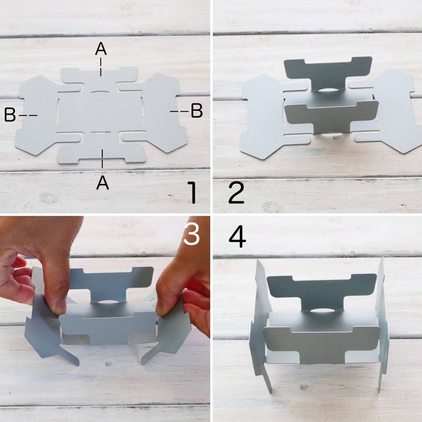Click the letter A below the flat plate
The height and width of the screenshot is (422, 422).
click(x=103, y=183)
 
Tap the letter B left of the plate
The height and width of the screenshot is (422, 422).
click(x=10, y=115)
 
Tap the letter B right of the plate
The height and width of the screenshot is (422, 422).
click(x=197, y=110)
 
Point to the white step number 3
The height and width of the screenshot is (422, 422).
click(x=192, y=234)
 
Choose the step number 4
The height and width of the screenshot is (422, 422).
click(x=237, y=237)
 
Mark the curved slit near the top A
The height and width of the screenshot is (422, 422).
click(x=101, y=91)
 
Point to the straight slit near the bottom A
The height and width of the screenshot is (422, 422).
click(x=101, y=132)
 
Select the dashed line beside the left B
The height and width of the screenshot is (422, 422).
click(x=28, y=115)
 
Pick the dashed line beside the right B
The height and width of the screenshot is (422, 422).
click(x=179, y=111)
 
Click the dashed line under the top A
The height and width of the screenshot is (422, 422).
click(x=101, y=67)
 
